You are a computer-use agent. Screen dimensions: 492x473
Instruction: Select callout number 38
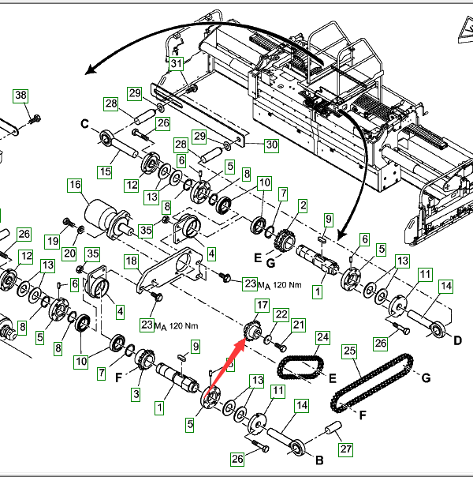click(21, 96)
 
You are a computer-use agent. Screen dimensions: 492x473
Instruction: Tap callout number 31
click(176, 63)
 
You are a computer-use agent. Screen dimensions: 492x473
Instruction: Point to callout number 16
click(75, 186)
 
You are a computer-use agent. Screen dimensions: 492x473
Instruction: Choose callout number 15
click(105, 171)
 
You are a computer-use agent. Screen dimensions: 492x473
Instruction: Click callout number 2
click(302, 205)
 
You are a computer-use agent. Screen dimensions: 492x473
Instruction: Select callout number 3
click(136, 393)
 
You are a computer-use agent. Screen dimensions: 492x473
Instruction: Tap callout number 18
click(132, 261)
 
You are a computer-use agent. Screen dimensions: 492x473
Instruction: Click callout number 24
click(322, 337)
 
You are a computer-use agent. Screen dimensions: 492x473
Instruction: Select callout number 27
click(344, 449)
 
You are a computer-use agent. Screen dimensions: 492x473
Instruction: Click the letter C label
click(84, 123)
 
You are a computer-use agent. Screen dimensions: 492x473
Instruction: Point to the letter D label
click(457, 340)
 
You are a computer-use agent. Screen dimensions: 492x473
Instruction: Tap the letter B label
click(319, 459)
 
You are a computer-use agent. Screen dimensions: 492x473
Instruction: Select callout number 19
click(52, 240)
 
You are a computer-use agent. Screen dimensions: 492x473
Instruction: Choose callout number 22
click(281, 314)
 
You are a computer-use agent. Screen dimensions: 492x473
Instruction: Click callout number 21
click(299, 325)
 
